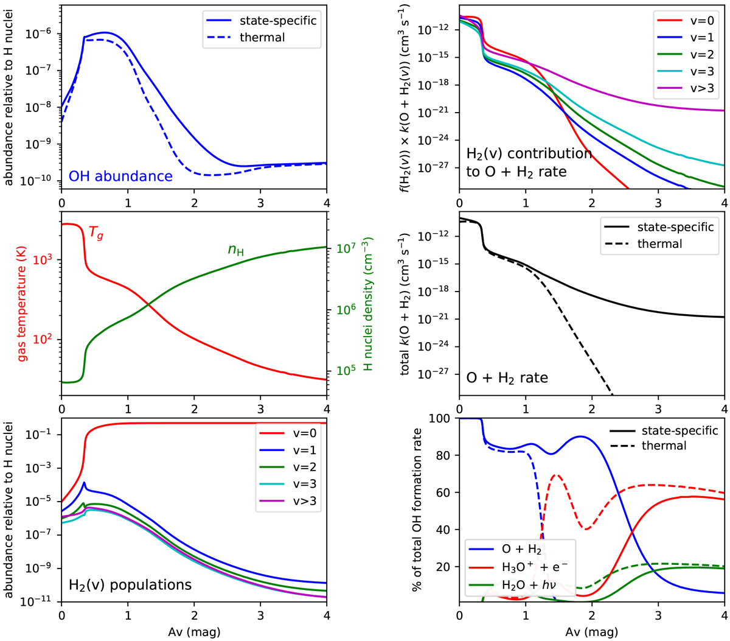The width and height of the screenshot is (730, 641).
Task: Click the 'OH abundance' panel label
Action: [120, 177]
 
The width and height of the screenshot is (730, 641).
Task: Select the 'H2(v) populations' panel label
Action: [130, 585]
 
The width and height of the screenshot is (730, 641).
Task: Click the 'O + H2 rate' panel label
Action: [507, 378]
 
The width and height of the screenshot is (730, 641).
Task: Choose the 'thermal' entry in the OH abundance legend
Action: [262, 37]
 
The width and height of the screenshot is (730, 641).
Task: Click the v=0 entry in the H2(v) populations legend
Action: [302, 434]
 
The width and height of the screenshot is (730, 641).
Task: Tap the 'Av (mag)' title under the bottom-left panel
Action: [194, 632]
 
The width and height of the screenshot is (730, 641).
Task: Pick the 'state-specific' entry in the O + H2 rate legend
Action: [675, 227]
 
